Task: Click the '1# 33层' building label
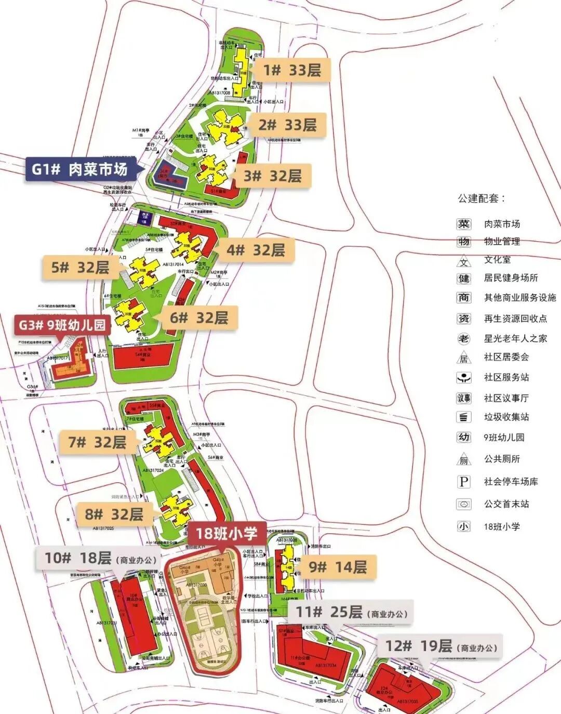click(292, 70)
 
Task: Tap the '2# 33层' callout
click(287, 125)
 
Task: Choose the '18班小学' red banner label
click(226, 534)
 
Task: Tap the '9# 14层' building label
click(338, 566)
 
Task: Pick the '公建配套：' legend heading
click(481, 198)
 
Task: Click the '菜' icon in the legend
click(463, 224)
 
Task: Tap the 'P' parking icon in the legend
click(463, 482)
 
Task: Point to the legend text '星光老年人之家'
click(515, 338)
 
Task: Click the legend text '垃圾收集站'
click(506, 417)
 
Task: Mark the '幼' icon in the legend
click(463, 437)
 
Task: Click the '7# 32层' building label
click(97, 442)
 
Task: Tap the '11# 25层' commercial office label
click(351, 612)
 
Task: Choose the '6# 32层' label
click(199, 318)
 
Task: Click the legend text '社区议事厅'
click(506, 398)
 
